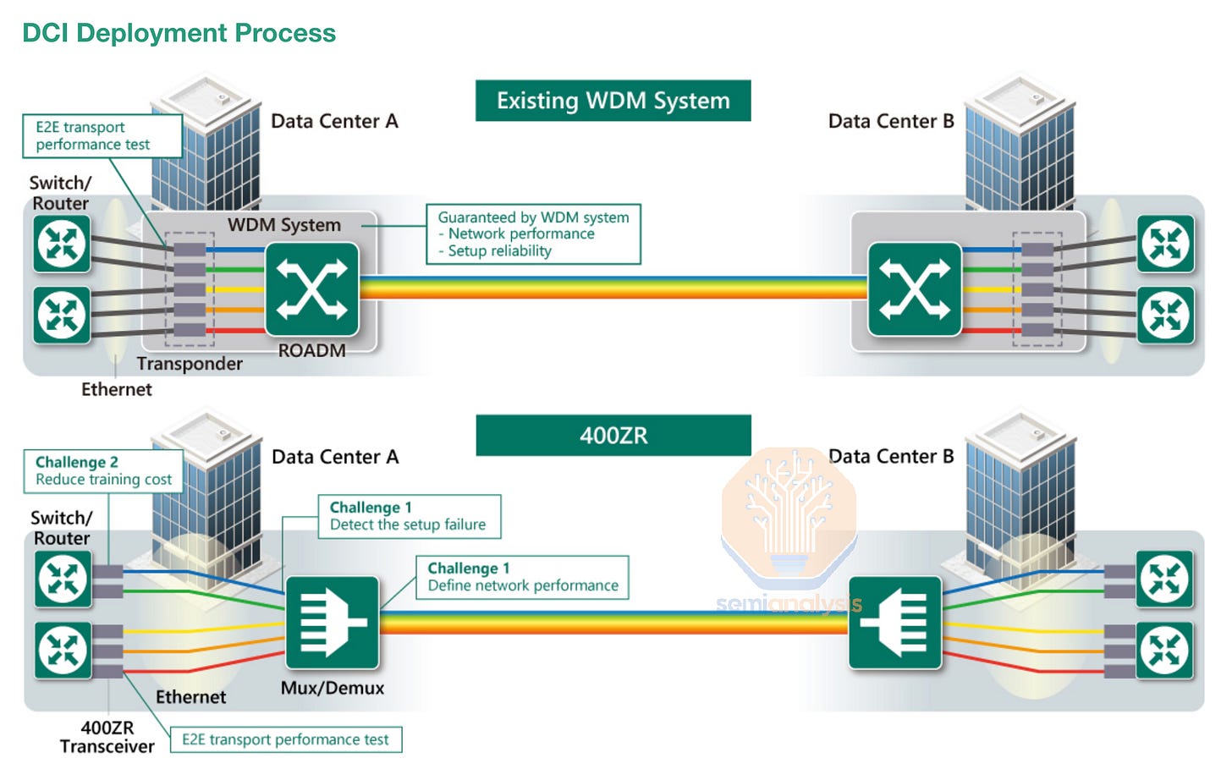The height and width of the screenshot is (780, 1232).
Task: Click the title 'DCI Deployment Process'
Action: click(x=179, y=33)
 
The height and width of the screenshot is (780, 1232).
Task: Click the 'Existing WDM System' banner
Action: click(x=613, y=101)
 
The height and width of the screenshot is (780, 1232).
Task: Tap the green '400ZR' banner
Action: click(x=613, y=435)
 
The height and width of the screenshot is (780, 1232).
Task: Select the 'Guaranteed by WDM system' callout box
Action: click(x=533, y=234)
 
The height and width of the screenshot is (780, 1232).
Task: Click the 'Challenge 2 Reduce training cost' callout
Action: click(x=103, y=471)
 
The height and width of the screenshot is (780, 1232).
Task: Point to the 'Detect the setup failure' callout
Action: click(x=410, y=516)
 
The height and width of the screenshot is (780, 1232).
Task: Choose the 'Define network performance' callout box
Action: click(x=523, y=577)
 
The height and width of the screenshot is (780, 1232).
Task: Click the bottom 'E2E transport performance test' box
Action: click(x=285, y=739)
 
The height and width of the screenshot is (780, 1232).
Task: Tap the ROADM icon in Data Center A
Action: click(x=312, y=289)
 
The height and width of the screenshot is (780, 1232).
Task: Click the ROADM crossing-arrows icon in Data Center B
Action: click(x=915, y=289)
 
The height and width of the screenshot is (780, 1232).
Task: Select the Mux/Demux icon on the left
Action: click(x=333, y=623)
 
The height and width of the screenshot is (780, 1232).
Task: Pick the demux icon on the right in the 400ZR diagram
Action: click(x=895, y=623)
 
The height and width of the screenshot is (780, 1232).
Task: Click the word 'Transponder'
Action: click(x=190, y=364)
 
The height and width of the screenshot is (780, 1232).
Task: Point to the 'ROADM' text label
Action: click(x=312, y=350)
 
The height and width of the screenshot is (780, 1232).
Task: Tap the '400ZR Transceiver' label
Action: click(x=107, y=737)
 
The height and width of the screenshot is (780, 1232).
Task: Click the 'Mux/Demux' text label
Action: click(x=333, y=688)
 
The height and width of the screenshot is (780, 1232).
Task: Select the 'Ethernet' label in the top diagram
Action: click(x=117, y=389)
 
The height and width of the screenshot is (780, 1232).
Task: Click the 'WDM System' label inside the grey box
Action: click(x=284, y=225)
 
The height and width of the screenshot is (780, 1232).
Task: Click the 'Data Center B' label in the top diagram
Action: click(x=891, y=121)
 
